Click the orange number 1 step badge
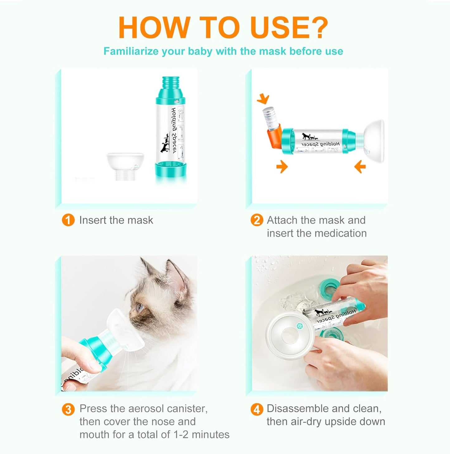pyautogui.click(x=68, y=220)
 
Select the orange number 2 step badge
pyautogui.click(x=257, y=220)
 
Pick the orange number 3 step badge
pyautogui.click(x=68, y=409)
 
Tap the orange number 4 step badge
pyautogui.click(x=257, y=409)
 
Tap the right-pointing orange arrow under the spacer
pyautogui.click(x=282, y=167)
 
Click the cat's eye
pyautogui.click(x=140, y=307)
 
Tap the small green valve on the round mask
pyautogui.click(x=299, y=325)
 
